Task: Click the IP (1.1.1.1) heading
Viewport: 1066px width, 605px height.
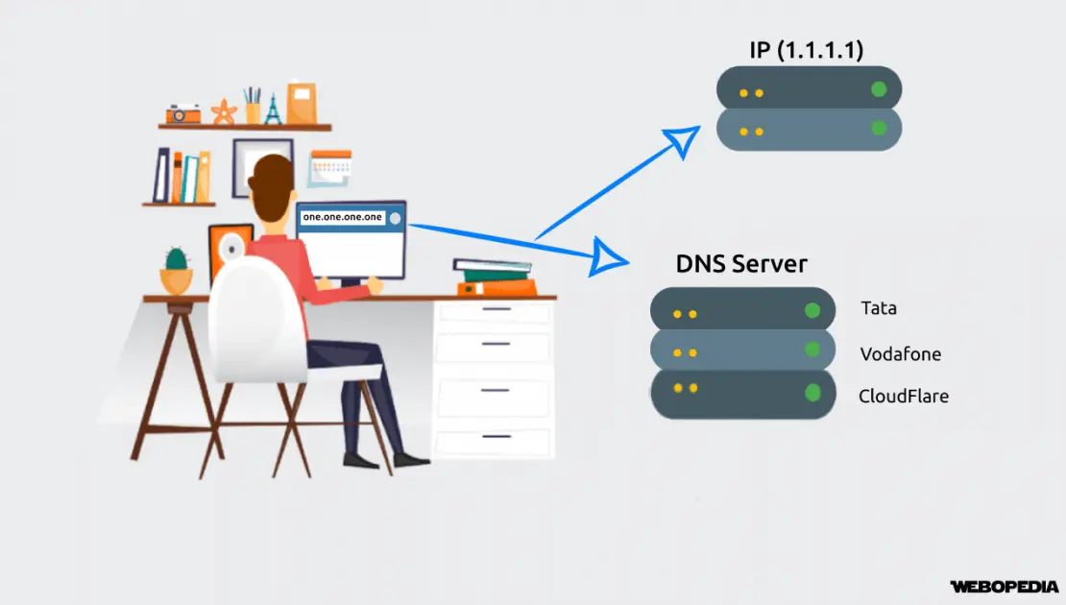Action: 809,51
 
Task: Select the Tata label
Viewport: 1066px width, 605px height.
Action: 879,309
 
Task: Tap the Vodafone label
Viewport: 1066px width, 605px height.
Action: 900,353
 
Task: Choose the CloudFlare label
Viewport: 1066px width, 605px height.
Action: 903,395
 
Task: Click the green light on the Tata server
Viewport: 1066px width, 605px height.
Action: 812,310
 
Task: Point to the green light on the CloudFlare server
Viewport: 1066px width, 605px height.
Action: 812,392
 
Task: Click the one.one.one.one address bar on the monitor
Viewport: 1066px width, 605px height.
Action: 343,218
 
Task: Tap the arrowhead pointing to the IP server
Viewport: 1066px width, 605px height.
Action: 684,141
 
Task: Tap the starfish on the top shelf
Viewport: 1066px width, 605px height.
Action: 224,111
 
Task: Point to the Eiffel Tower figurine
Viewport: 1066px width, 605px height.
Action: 274,109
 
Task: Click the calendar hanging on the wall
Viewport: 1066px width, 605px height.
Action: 329,169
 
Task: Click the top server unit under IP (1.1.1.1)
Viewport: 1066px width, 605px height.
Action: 809,91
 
